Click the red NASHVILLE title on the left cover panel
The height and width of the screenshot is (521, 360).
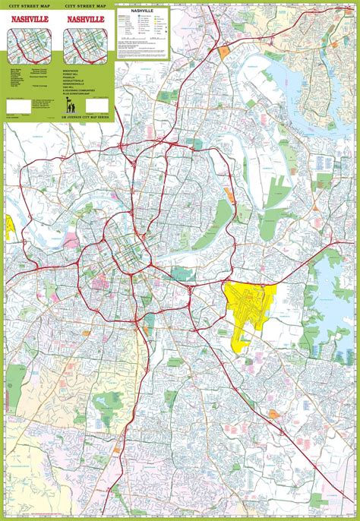31,17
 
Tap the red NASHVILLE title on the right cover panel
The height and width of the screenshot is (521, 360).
87,17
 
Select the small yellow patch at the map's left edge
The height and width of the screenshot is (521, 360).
11,226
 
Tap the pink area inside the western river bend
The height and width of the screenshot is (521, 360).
71,242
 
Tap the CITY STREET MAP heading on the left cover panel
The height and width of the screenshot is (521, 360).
31,5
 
